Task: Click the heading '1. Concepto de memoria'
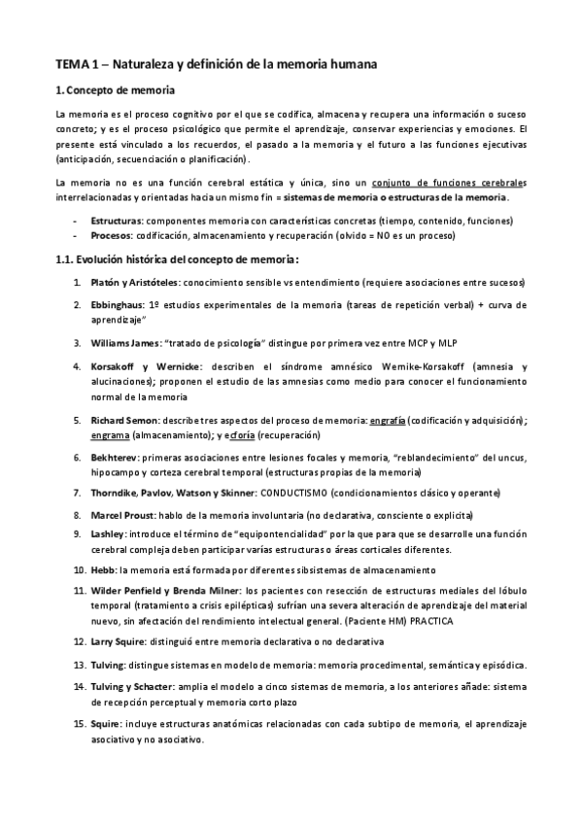coord(115,91)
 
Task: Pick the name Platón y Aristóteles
coord(130,283)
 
